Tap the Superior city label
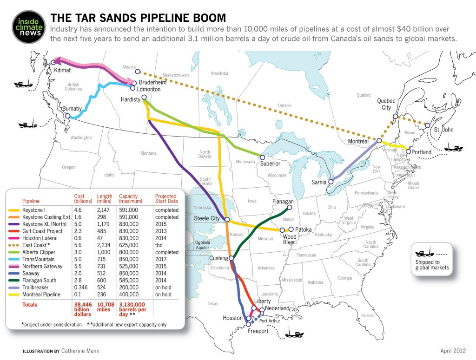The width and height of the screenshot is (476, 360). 270,164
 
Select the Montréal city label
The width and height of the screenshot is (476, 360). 358,141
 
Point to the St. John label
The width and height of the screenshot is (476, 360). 444,130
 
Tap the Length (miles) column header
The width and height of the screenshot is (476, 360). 104,199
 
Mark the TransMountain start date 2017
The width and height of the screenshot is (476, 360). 161,259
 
